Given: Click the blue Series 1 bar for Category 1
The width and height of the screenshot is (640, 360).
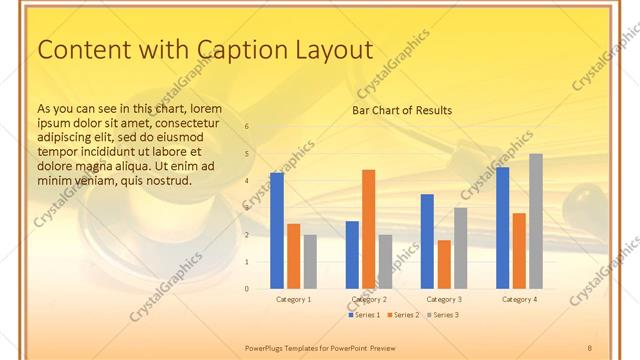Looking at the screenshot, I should tap(276, 231).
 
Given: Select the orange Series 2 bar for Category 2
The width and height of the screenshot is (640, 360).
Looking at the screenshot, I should tap(368, 229).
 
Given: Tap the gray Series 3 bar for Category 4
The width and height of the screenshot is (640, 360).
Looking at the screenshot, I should tap(536, 221).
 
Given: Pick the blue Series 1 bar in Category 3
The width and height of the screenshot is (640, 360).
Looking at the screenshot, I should tap(427, 241).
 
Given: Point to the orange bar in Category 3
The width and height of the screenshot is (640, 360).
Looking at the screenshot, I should tap(444, 264).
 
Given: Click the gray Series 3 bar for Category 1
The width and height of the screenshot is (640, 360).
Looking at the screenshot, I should tap(310, 262).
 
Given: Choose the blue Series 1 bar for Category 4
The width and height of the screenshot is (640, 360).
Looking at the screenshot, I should tap(502, 228).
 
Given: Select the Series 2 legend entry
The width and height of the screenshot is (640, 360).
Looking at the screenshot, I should tap(402, 315).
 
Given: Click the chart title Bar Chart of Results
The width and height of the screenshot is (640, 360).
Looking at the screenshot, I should tap(401, 110).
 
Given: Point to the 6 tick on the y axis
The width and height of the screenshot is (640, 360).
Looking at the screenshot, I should tap(246, 127).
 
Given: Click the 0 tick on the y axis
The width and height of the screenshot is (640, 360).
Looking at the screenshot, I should tap(246, 289).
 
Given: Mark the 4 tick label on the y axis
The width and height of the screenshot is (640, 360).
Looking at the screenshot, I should tap(246, 181).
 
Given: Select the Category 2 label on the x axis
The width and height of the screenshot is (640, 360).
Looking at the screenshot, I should tap(369, 299).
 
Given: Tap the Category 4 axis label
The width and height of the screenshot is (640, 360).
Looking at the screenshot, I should tap(519, 299).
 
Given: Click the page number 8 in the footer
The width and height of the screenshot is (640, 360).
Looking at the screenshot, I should tap(589, 346).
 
